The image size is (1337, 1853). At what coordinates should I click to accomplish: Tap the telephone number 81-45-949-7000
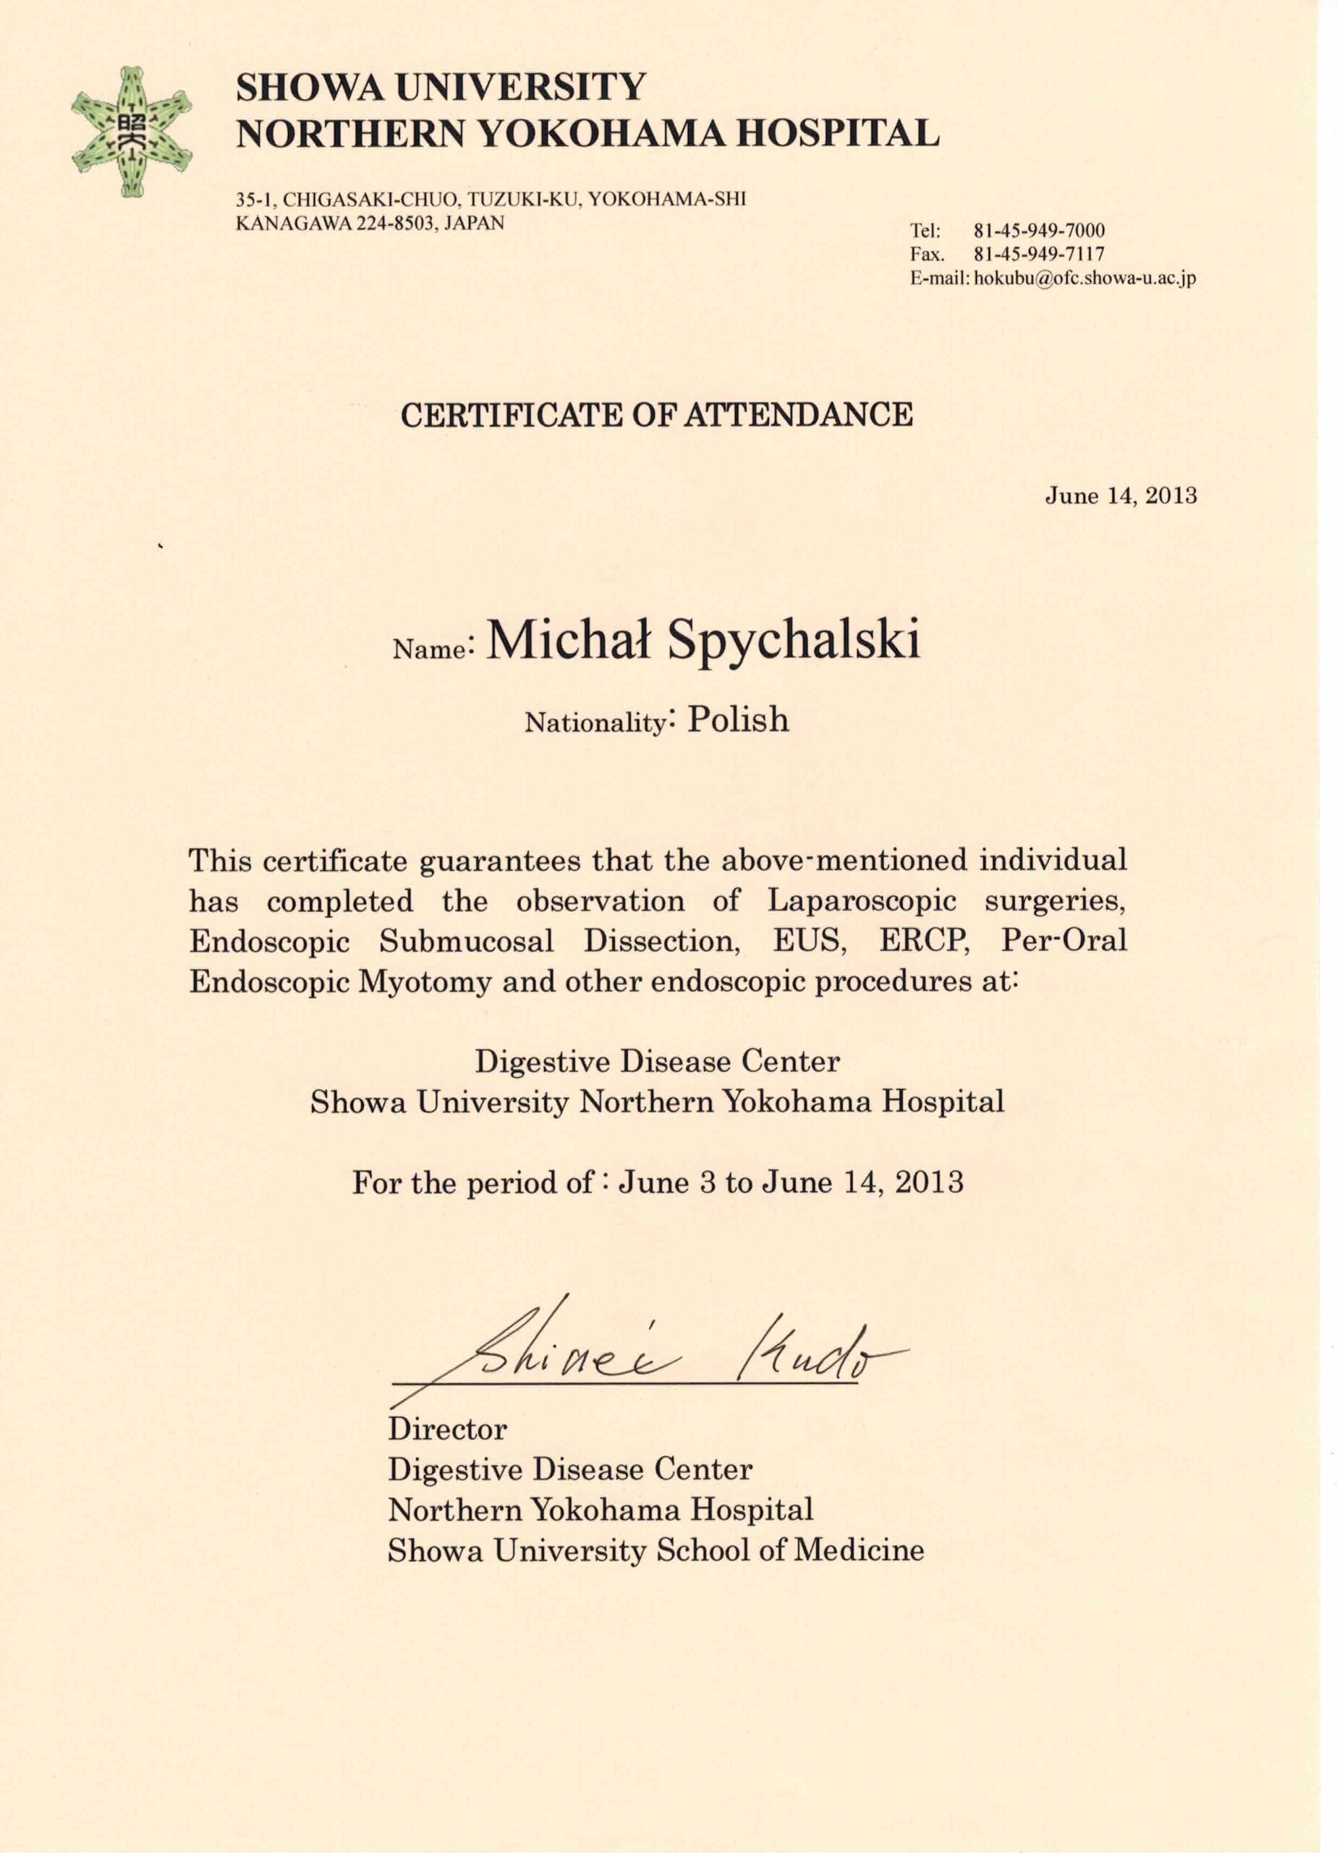pyautogui.click(x=1039, y=230)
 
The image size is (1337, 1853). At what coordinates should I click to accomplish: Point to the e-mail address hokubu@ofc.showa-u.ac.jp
pyautogui.click(x=1085, y=278)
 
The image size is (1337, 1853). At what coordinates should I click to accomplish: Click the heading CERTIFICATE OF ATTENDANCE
pyautogui.click(x=657, y=415)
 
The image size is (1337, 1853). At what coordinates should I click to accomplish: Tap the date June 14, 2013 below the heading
pyautogui.click(x=1121, y=496)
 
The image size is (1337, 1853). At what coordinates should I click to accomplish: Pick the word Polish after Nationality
pyautogui.click(x=739, y=719)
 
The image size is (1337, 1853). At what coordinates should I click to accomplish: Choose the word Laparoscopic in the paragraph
pyautogui.click(x=862, y=901)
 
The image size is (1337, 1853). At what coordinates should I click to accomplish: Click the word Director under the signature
pyautogui.click(x=447, y=1429)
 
